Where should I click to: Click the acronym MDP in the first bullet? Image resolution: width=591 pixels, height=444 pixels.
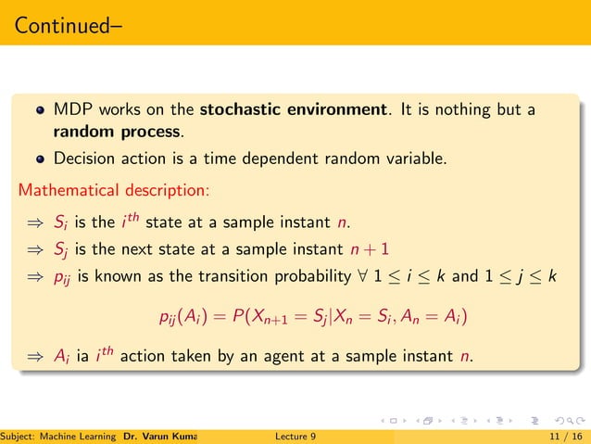pyautogui.click(x=72, y=110)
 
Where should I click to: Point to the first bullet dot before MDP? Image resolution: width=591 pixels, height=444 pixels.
pyautogui.click(x=39, y=111)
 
